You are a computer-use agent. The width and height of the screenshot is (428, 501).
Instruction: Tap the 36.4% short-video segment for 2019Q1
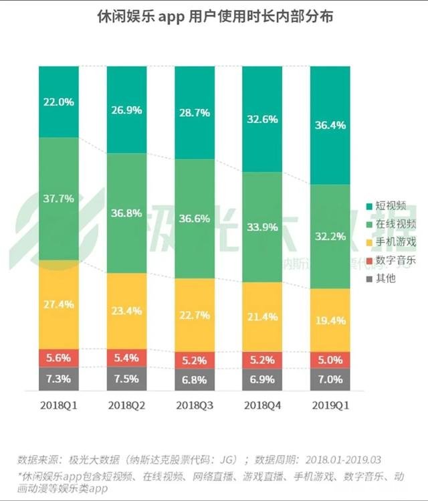pyautogui.click(x=330, y=124)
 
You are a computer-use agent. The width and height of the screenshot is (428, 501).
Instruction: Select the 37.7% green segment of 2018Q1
pyautogui.click(x=59, y=198)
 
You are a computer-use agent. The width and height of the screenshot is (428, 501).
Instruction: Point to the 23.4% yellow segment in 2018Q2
pyautogui.click(x=126, y=310)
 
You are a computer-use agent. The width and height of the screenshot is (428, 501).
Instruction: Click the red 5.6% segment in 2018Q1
pyautogui.click(x=59, y=358)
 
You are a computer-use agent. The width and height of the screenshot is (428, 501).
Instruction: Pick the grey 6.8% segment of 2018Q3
pyautogui.click(x=195, y=379)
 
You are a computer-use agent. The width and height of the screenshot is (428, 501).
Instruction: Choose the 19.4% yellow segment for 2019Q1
pyautogui.click(x=330, y=320)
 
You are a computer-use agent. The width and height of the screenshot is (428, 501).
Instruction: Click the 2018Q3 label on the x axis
pyautogui.click(x=195, y=406)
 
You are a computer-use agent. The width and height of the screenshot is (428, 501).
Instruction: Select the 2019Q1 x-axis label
pyautogui.click(x=330, y=406)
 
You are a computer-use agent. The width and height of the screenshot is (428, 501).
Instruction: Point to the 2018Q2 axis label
pyautogui.click(x=126, y=406)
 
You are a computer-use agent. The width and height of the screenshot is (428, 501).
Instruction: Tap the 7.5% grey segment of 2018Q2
pyautogui.click(x=126, y=379)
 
